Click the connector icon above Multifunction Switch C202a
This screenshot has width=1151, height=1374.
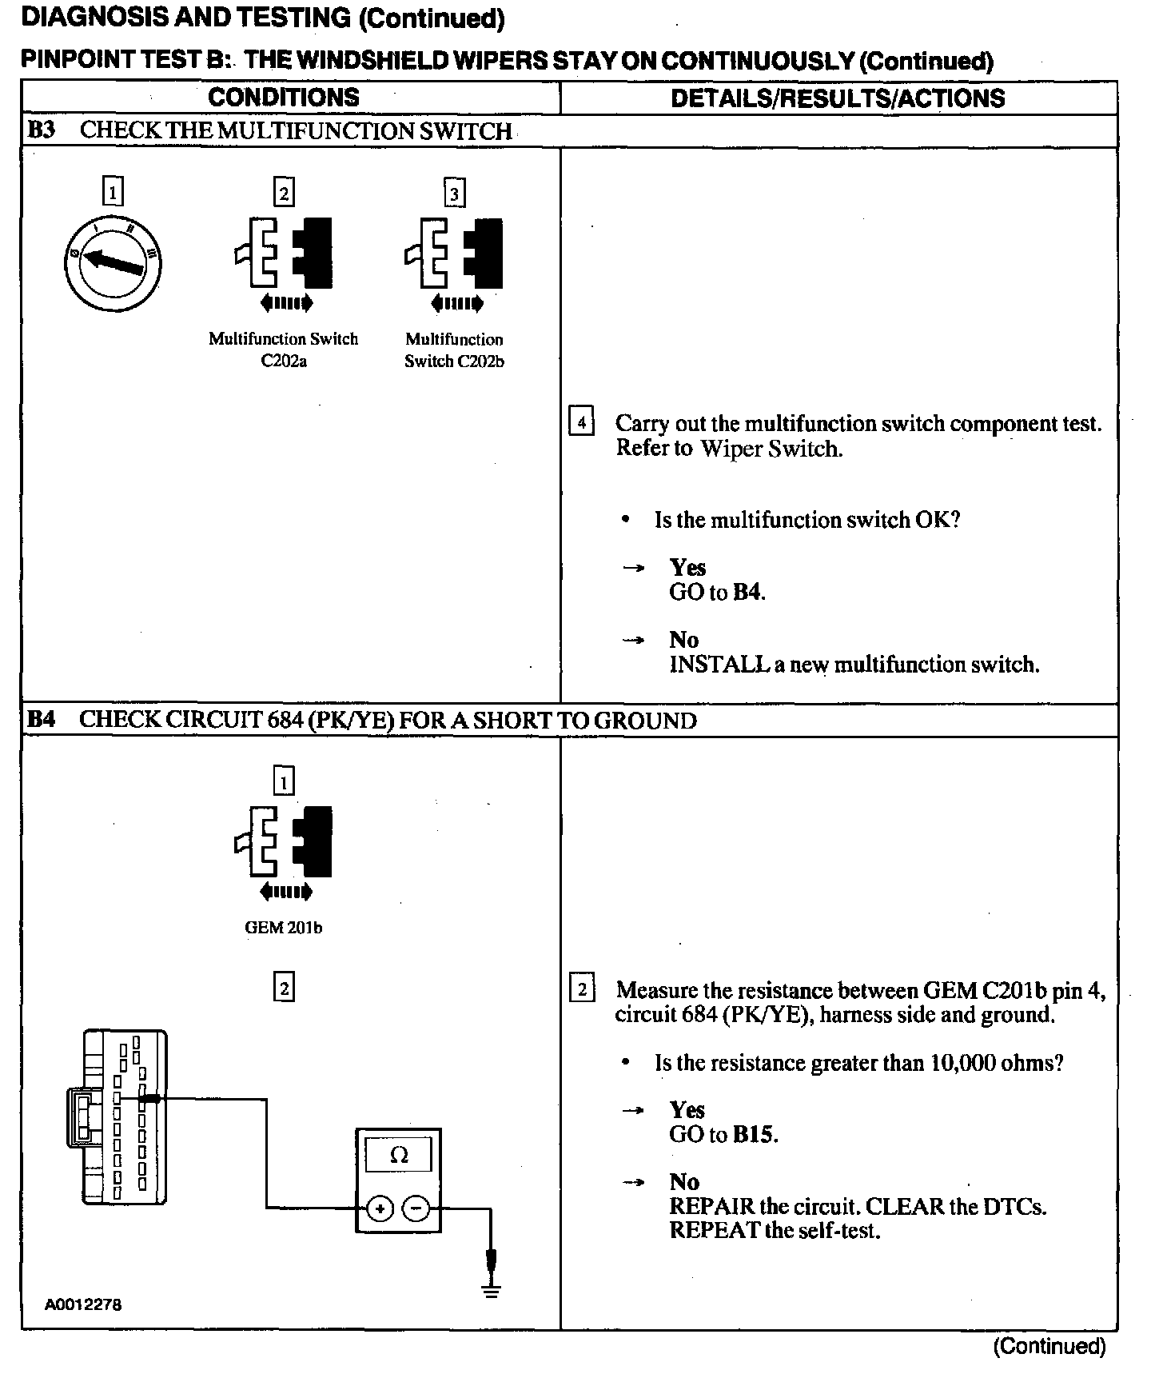click(284, 253)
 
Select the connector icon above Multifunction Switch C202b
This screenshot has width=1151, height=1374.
click(455, 253)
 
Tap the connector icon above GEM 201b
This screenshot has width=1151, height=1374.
click(284, 841)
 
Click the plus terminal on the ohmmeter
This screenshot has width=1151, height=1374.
click(380, 1208)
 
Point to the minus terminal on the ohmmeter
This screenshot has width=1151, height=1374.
click(416, 1208)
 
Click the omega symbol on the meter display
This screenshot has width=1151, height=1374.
click(398, 1156)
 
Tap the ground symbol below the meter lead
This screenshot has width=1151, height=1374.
click(492, 1289)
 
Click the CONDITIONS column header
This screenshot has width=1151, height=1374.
click(284, 98)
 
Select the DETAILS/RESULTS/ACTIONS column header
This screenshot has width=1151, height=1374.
click(838, 98)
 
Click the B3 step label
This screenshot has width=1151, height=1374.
click(41, 130)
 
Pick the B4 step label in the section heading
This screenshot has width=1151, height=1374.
click(41, 720)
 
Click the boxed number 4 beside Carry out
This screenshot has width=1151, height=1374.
click(581, 421)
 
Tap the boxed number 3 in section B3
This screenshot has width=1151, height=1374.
click(455, 194)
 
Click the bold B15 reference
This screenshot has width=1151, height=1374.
click(754, 1134)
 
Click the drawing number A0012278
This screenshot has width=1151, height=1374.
click(83, 1304)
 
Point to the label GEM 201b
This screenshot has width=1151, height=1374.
click(284, 928)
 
